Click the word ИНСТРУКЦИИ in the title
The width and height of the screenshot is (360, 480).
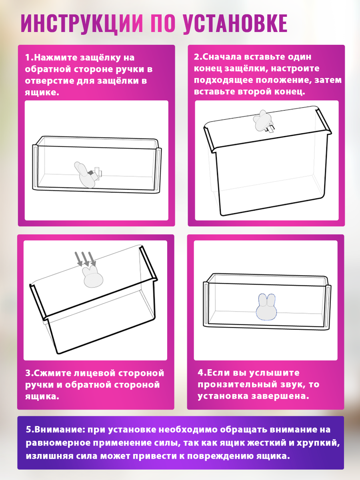point(82,23)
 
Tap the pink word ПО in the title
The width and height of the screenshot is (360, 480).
point(163,23)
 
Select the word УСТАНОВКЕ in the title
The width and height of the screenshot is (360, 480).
point(235,23)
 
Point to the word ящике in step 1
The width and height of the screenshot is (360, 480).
point(42,93)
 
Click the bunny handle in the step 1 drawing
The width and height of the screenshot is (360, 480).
point(85,175)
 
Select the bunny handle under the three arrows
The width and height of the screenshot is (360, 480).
point(92,277)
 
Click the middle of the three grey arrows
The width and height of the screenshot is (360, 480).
point(85,259)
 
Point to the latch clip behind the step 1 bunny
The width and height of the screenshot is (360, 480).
point(96,173)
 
